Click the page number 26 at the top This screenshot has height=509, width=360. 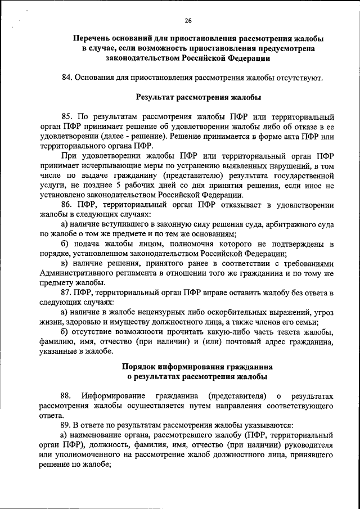[188, 21]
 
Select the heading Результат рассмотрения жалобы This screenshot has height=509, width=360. [199, 97]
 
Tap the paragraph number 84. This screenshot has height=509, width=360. [67, 77]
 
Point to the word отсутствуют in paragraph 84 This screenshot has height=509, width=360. [302, 77]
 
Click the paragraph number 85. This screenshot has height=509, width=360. [67, 116]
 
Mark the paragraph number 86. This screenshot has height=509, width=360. [67, 205]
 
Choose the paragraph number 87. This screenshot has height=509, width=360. [67, 293]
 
